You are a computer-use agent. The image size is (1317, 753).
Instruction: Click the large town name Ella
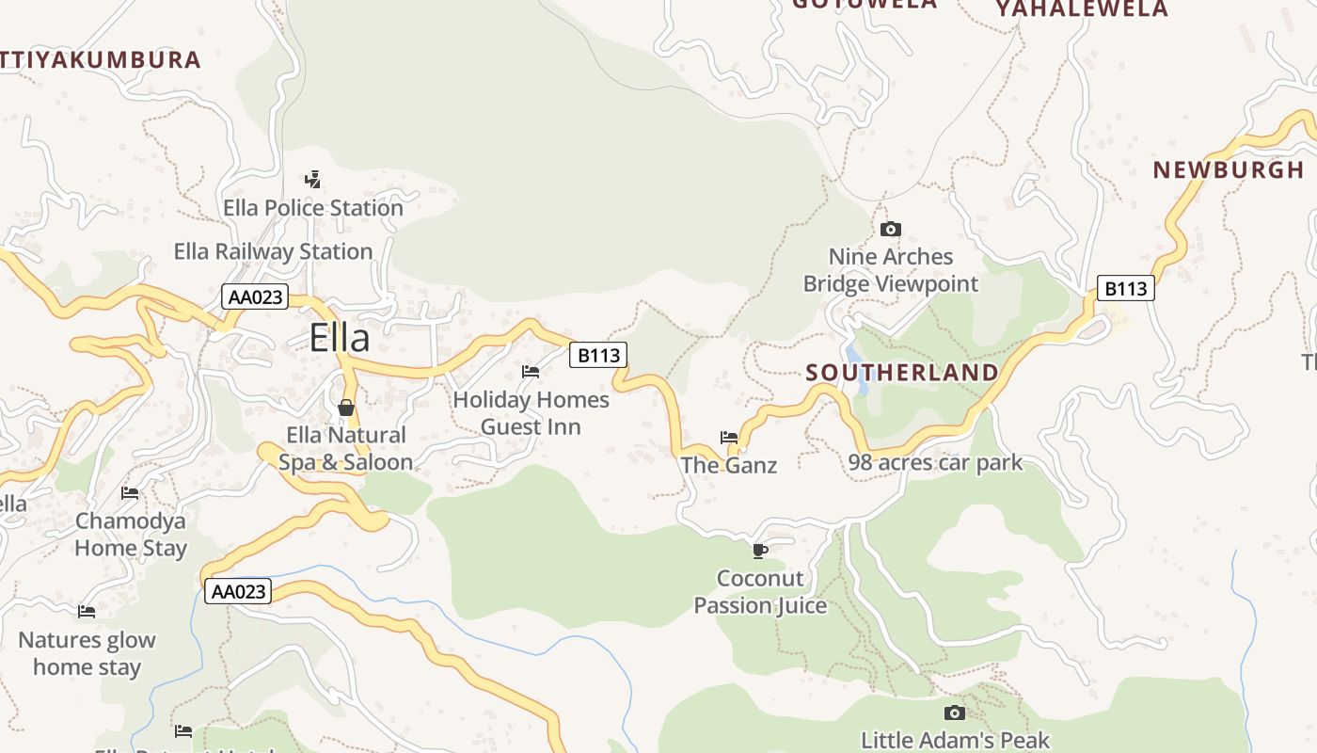(340, 338)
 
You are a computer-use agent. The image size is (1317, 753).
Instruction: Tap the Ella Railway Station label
(273, 251)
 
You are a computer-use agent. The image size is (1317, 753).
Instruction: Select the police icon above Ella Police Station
(312, 179)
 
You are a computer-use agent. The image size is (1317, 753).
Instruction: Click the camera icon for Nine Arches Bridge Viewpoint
(890, 229)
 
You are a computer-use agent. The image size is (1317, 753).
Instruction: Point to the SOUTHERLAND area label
(902, 373)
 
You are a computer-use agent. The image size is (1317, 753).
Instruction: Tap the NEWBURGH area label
(1229, 170)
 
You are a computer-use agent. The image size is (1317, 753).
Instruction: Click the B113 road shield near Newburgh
(1125, 288)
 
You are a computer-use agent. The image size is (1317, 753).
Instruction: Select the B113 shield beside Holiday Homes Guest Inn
(597, 355)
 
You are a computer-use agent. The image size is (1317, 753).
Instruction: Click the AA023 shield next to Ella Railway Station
(255, 297)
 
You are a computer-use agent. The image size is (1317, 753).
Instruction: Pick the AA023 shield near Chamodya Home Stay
(238, 591)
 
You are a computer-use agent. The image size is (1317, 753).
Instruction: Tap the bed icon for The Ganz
(729, 437)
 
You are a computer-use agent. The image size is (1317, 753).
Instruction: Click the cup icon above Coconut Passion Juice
(760, 550)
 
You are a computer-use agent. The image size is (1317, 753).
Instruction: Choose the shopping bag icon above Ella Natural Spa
(346, 408)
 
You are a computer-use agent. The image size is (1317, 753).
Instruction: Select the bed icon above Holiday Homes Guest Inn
(531, 372)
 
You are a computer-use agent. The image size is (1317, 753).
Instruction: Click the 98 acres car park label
(935, 462)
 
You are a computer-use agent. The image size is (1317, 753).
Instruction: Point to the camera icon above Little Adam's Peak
(955, 713)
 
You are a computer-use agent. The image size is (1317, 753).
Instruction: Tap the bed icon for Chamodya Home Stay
(130, 492)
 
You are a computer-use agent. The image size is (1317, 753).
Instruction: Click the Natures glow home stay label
(87, 653)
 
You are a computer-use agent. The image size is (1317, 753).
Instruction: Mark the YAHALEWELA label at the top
(1082, 9)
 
